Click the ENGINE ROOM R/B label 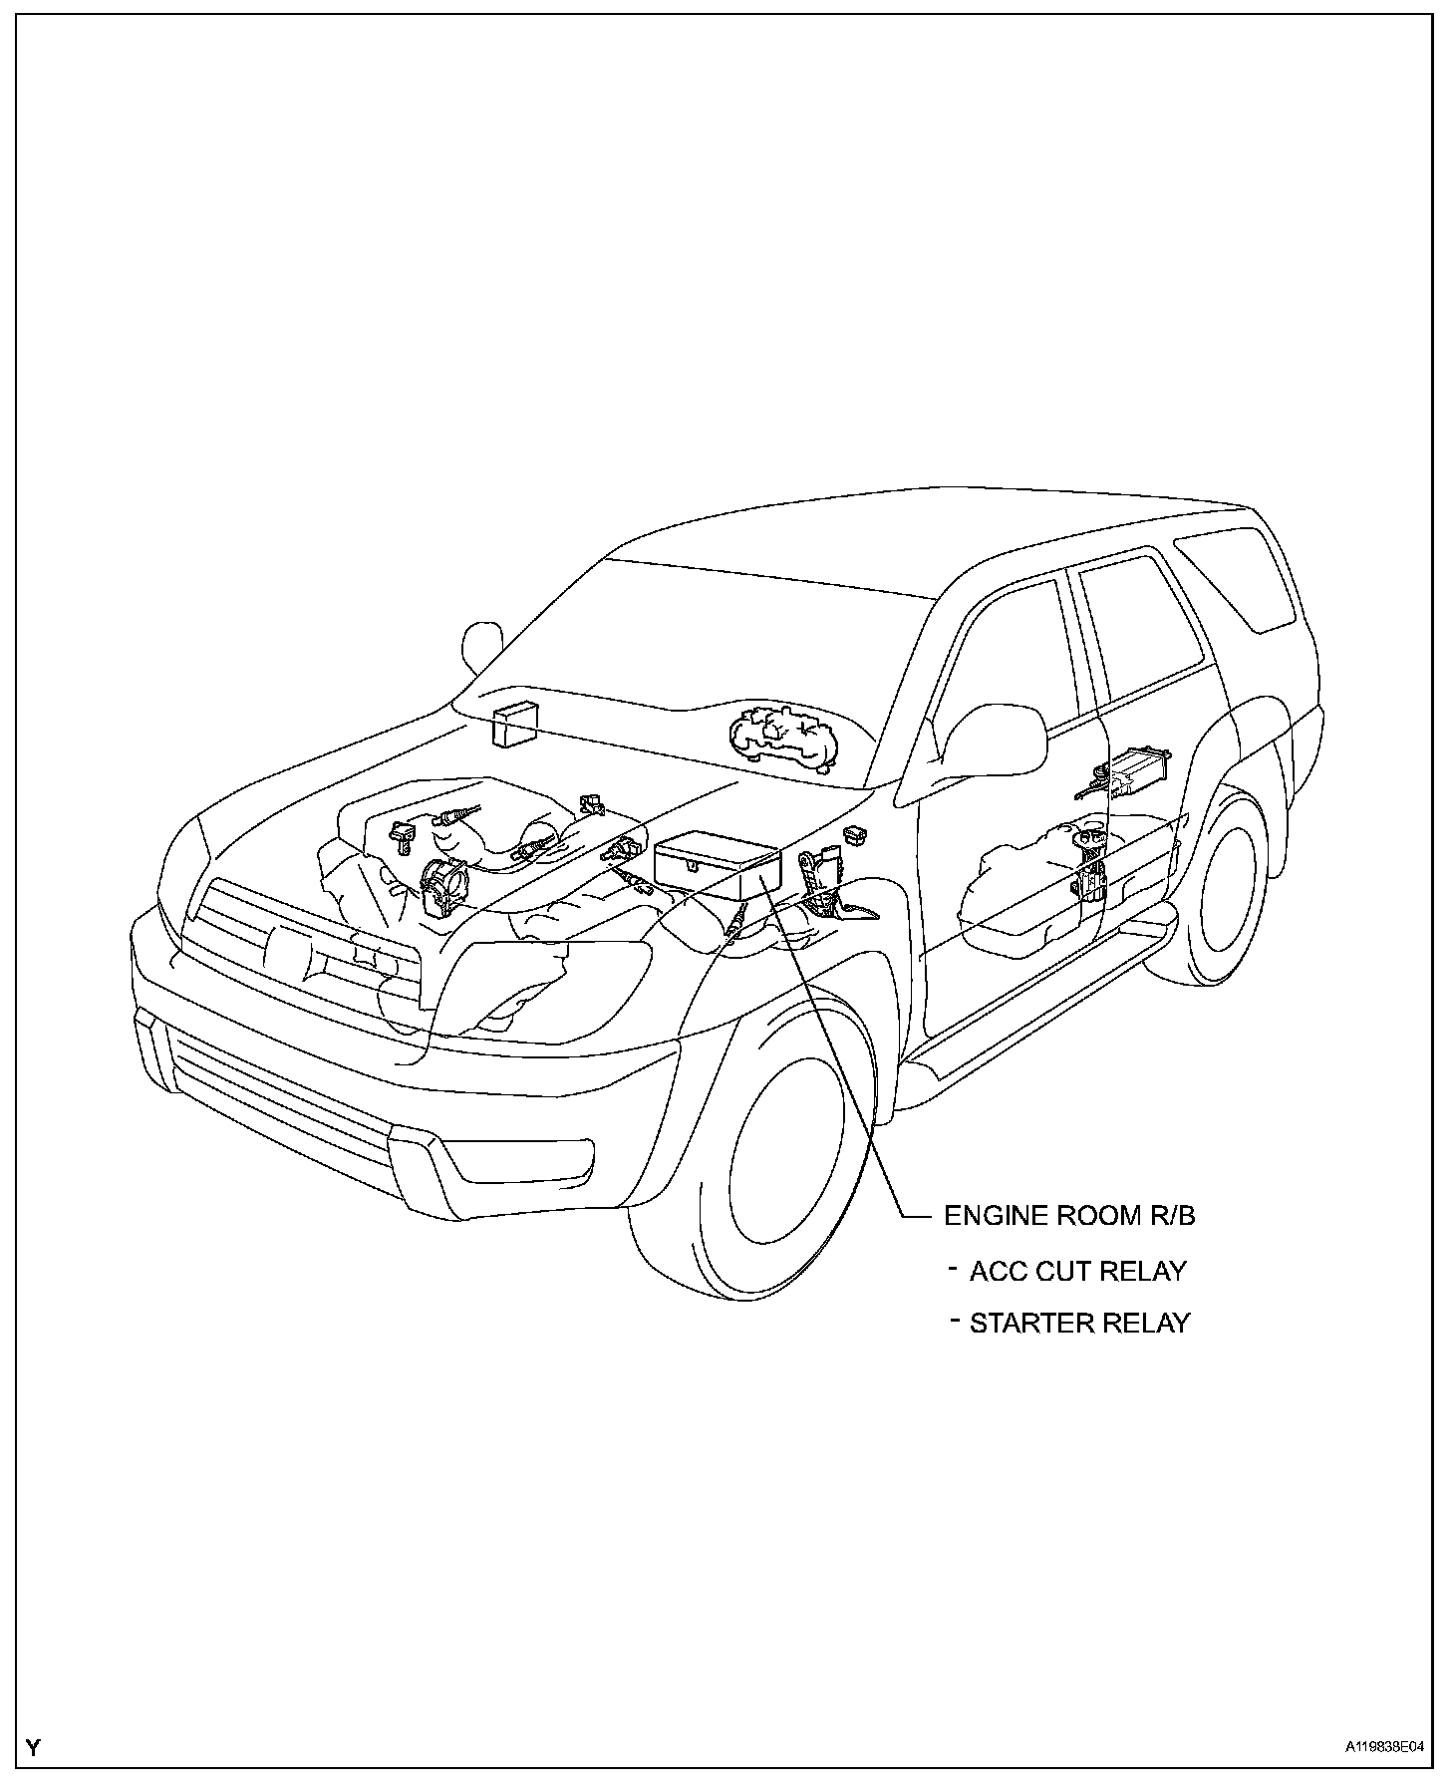[1068, 1216]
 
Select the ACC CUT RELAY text [1077, 1272]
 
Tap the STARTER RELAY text [1079, 1324]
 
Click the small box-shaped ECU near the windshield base [514, 724]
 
